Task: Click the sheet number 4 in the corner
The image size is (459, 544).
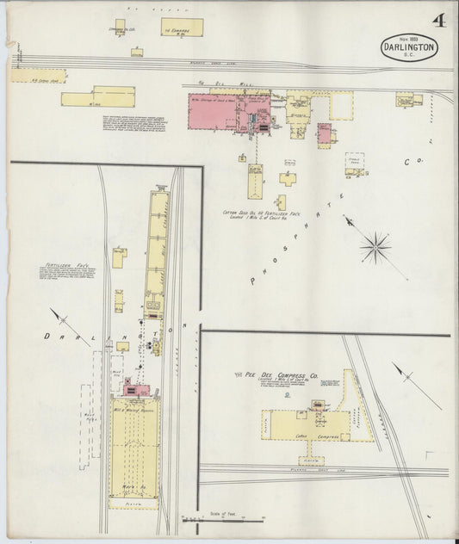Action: [x=438, y=22]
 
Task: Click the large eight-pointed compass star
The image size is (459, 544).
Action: [x=375, y=248]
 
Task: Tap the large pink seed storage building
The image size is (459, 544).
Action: [x=216, y=111]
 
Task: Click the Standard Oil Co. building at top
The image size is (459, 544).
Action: [x=120, y=27]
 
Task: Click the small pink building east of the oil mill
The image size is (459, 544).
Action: [x=324, y=133]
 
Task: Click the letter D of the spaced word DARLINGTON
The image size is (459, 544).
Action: [x=47, y=337]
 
